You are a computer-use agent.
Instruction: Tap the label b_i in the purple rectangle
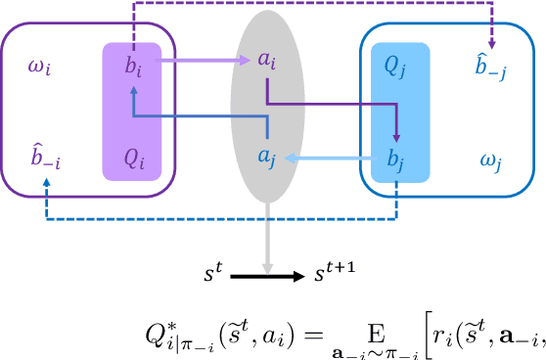[x=132, y=69]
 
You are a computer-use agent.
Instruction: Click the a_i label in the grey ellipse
[x=266, y=60]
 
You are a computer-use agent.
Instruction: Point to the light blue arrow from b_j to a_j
[x=333, y=157]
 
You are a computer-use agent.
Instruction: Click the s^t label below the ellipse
[x=214, y=276]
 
